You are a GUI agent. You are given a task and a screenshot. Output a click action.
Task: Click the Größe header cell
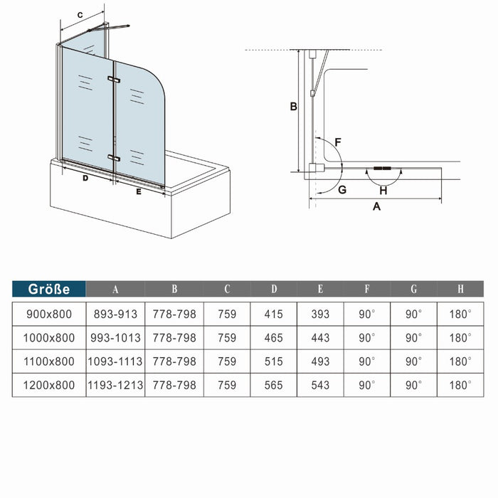point(49,289)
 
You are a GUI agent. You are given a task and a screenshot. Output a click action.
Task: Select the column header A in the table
point(115,289)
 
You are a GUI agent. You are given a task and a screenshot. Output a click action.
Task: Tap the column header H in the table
point(460,289)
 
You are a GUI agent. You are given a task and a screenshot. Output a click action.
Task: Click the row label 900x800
point(49,313)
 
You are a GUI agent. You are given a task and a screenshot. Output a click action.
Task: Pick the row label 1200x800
point(49,385)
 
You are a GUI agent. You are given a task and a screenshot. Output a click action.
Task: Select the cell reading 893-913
point(115,313)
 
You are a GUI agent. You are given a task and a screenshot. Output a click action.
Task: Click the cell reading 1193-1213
point(115,385)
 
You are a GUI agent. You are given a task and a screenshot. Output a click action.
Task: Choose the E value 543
point(320,385)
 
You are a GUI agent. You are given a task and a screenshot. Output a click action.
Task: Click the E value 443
point(320,337)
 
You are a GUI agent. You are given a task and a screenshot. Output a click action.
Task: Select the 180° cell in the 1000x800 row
point(460,337)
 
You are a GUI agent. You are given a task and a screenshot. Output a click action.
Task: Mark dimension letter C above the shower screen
point(80,14)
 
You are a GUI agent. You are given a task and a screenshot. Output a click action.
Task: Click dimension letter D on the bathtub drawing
point(85,179)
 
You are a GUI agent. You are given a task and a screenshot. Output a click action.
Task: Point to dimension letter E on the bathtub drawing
point(139,191)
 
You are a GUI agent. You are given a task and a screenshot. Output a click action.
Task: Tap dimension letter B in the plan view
point(292,107)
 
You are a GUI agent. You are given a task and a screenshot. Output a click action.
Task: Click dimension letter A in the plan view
point(377,206)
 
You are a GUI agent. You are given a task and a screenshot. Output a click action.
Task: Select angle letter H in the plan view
point(383,190)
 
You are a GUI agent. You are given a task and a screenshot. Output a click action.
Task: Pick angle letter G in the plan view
point(342,189)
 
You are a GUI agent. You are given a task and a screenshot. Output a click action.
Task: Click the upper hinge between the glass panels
point(112,79)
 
